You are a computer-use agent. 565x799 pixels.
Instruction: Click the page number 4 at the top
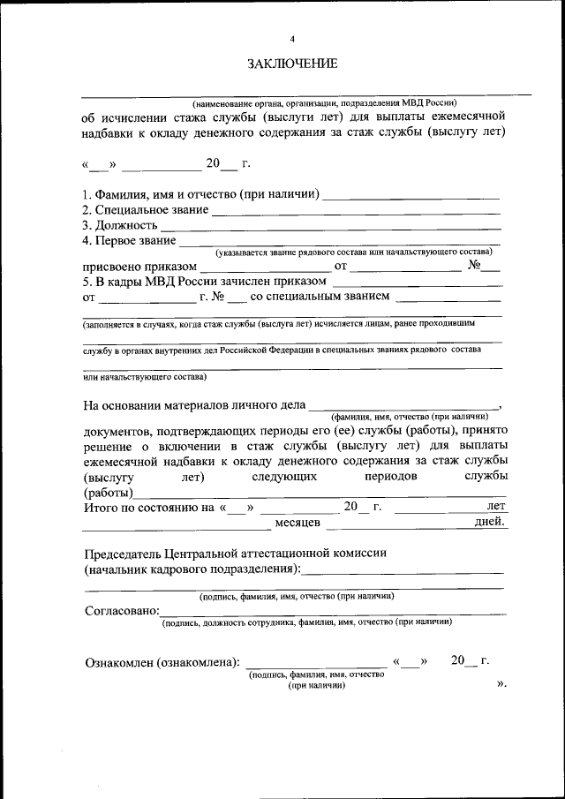tap(292, 39)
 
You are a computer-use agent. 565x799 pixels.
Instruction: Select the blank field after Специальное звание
tap(355, 212)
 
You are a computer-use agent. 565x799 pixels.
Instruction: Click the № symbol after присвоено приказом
tap(474, 265)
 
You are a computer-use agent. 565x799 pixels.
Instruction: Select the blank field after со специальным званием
tap(449, 298)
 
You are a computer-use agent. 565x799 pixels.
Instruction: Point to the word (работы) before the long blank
tap(108, 493)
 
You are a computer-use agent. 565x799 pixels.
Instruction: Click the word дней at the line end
tap(490, 523)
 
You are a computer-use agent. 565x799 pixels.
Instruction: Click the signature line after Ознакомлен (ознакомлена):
tap(315, 662)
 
